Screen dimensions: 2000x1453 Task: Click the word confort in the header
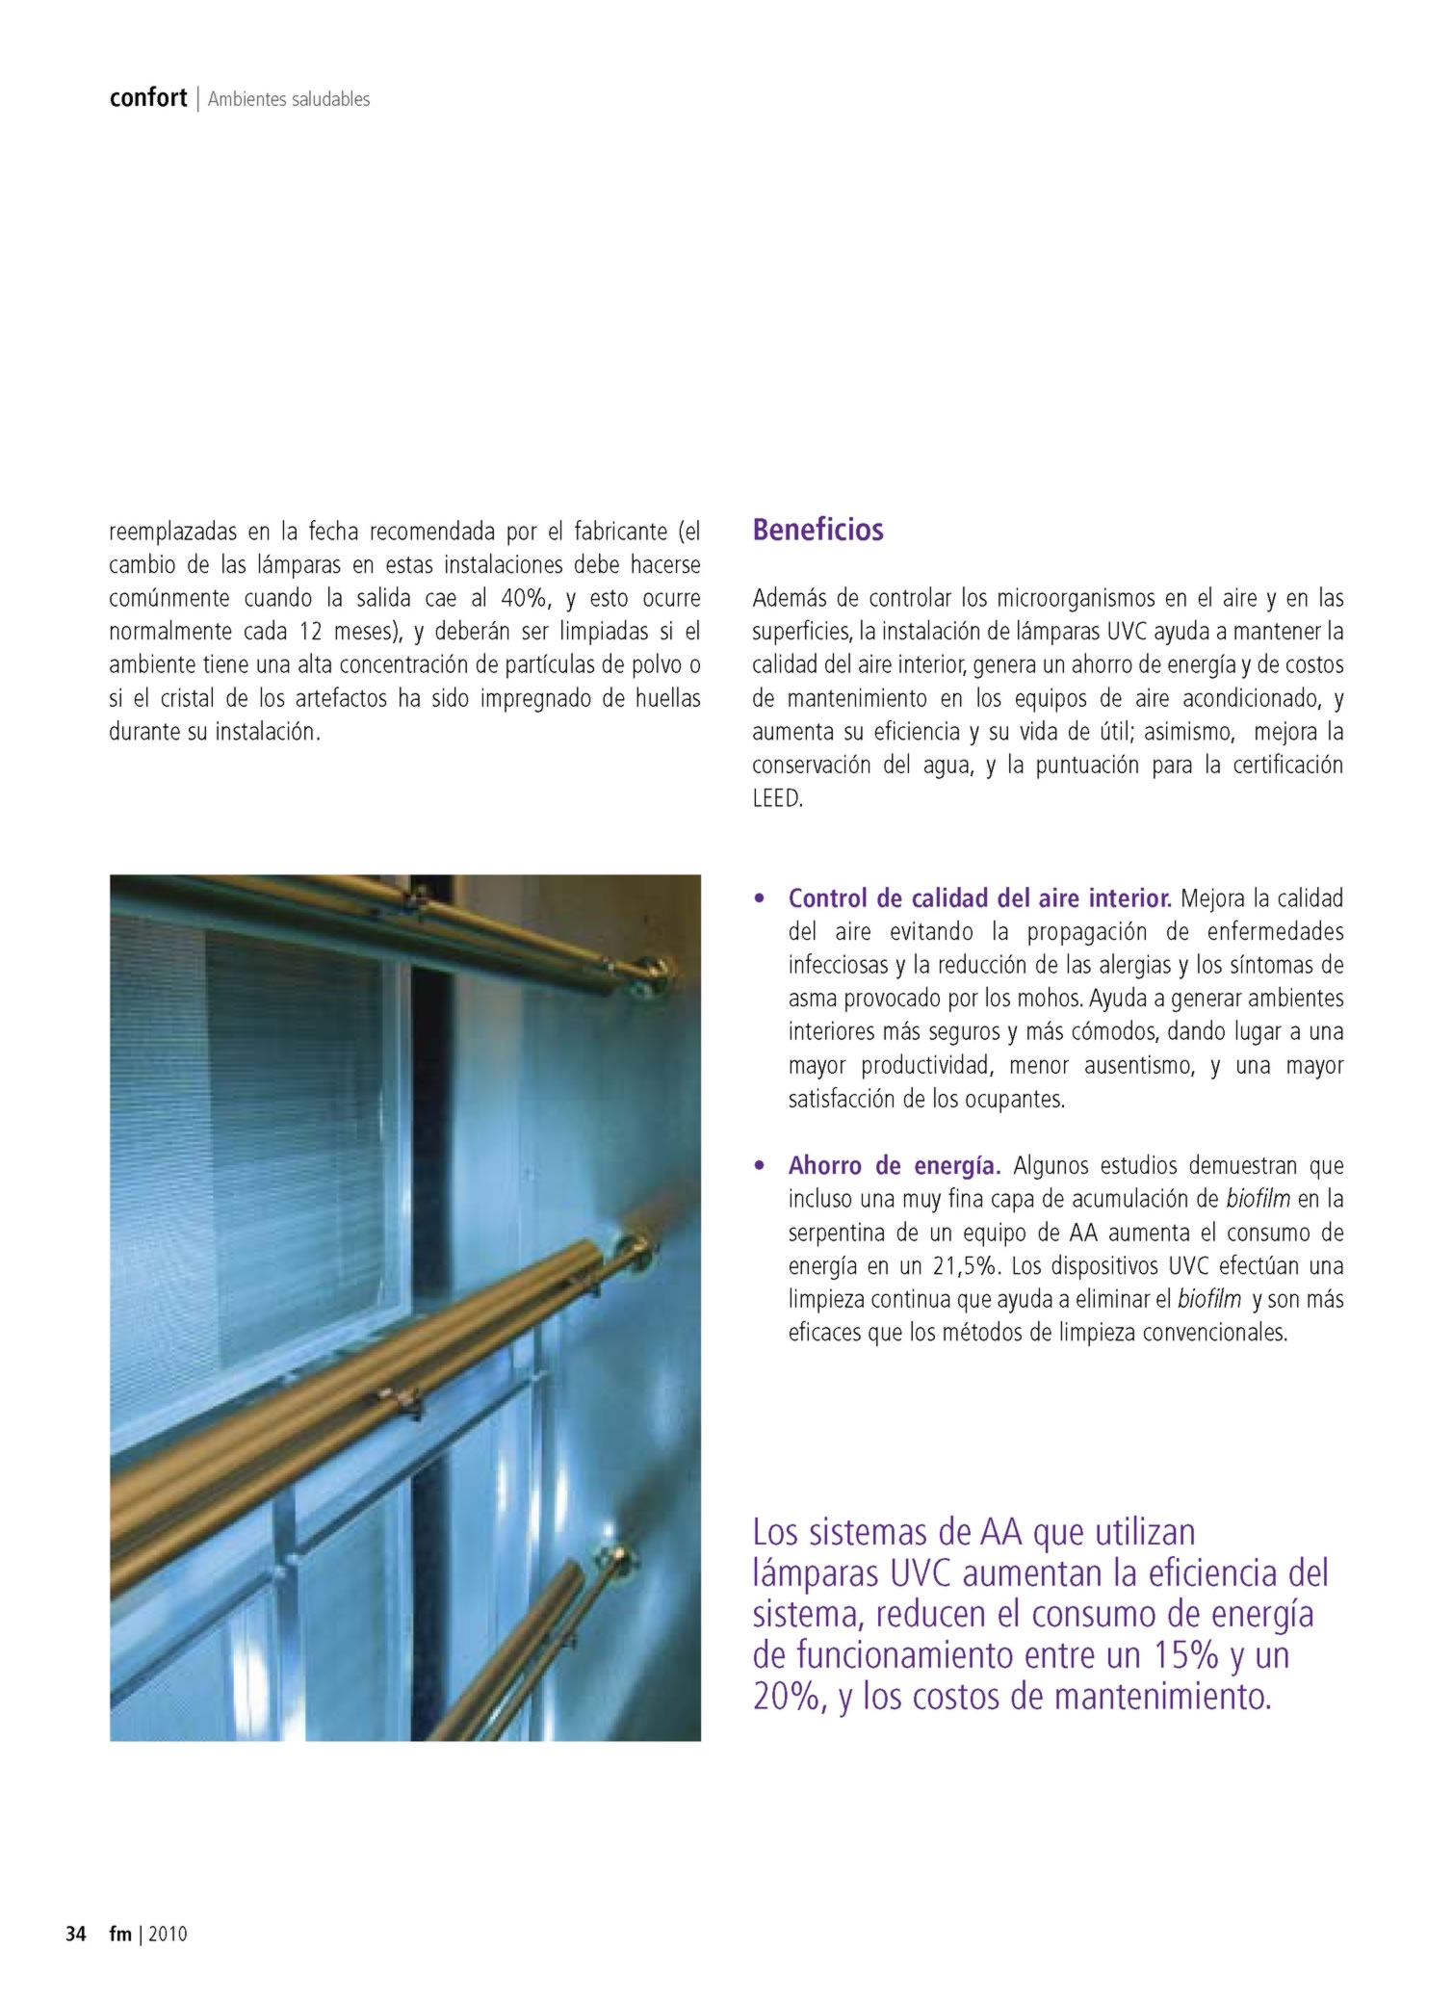click(x=147, y=97)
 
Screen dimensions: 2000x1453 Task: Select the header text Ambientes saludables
click(x=289, y=99)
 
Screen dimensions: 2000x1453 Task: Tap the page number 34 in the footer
click(x=76, y=1934)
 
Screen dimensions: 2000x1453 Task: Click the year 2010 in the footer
click(x=168, y=1934)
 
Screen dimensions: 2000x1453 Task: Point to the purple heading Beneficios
click(x=817, y=530)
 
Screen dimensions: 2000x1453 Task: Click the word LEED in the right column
click(x=776, y=798)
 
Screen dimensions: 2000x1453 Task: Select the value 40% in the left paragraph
click(x=524, y=598)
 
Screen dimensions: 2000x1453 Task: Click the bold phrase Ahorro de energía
click(x=895, y=1165)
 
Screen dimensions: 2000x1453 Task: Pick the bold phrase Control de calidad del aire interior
click(x=979, y=898)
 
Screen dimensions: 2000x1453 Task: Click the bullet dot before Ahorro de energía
click(x=761, y=1166)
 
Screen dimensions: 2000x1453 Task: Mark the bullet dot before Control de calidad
click(x=761, y=899)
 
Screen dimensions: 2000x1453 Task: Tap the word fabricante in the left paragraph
click(x=620, y=532)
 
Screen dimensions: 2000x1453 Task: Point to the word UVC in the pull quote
click(x=921, y=1573)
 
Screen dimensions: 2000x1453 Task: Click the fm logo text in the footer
click(x=119, y=1934)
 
